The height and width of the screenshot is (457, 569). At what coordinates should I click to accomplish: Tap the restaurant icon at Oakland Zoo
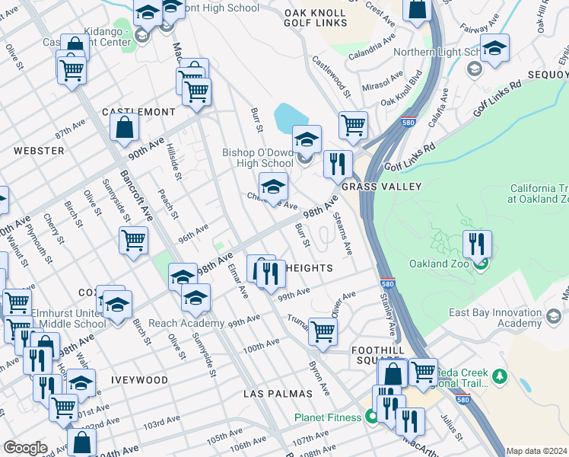click(x=477, y=244)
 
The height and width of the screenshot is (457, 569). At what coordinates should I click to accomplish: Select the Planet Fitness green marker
click(x=371, y=417)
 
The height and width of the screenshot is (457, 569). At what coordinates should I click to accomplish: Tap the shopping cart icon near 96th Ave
click(x=133, y=241)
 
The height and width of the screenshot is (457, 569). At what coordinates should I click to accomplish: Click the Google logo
click(x=25, y=448)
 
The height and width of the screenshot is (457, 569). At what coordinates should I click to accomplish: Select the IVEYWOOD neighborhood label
click(x=137, y=379)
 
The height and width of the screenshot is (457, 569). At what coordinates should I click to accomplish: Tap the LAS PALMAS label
click(x=278, y=394)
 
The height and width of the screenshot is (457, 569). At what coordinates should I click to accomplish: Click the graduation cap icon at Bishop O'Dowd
click(x=307, y=140)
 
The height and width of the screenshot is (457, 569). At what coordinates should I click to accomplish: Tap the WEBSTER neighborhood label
click(x=39, y=151)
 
